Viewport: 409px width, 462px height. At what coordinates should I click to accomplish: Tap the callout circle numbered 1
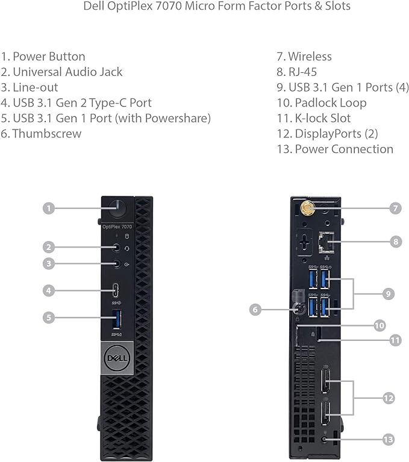click(49, 208)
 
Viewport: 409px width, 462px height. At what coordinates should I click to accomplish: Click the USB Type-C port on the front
click(117, 290)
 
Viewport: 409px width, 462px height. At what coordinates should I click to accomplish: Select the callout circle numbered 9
click(389, 293)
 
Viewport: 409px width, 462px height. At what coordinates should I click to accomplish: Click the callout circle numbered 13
click(389, 440)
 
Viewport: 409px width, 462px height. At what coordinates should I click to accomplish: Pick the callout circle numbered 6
click(255, 309)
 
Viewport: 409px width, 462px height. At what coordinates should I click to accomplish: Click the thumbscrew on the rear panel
click(297, 308)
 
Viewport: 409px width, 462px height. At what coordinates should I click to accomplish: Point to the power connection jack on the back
click(326, 440)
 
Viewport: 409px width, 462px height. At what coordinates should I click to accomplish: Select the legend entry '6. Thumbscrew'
click(41, 133)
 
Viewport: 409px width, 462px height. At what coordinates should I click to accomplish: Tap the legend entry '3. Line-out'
click(30, 87)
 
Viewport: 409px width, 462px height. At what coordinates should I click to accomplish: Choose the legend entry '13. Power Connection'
click(335, 149)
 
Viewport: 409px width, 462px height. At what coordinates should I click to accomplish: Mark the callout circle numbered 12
click(389, 398)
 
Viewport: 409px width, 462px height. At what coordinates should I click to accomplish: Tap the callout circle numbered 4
click(49, 290)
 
